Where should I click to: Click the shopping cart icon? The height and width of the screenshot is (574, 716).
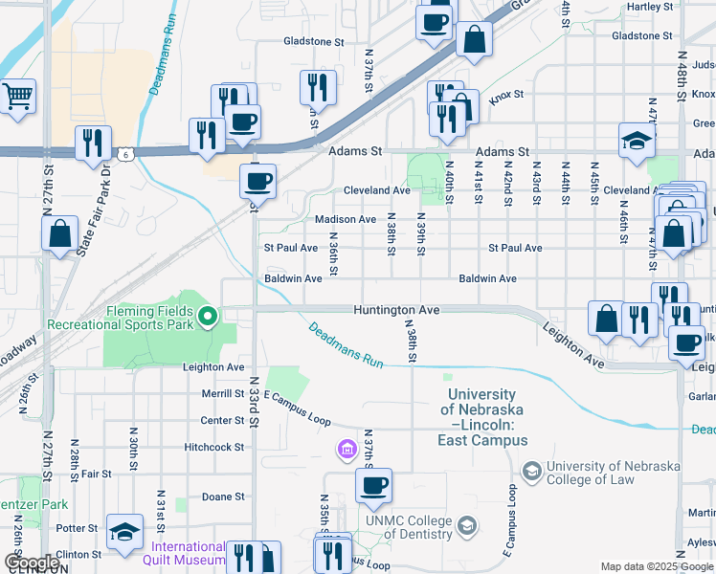coord(18,97)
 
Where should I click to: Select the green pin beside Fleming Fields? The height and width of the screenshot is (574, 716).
coord(207,317)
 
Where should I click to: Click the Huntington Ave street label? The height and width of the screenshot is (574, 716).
coord(395,311)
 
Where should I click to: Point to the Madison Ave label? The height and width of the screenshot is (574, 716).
coord(346,219)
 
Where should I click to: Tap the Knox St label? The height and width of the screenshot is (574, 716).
coord(506,95)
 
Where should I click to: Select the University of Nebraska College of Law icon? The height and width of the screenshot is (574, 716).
coord(530,471)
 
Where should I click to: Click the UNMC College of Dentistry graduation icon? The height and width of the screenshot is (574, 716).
coord(466,525)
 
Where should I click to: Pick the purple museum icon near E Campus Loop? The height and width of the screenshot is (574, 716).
coord(347,448)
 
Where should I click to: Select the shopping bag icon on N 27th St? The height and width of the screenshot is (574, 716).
coord(59,232)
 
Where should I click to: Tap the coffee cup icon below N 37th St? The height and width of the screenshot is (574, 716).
coord(373,484)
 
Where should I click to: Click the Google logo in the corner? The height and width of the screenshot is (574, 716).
coord(32,563)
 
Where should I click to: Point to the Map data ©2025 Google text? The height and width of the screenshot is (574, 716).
coord(656,566)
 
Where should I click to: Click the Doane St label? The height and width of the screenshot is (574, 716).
coord(223,497)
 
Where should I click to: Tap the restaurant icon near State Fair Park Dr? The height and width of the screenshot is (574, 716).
coord(93,143)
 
